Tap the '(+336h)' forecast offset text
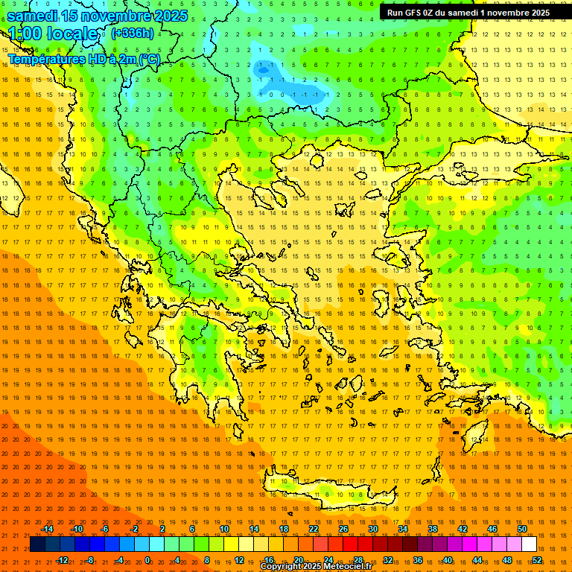[133, 33]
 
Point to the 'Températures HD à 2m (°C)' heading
[84, 59]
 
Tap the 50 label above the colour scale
[522, 529]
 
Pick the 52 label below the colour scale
[537, 559]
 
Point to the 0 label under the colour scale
[147, 559]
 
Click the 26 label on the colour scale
[343, 529]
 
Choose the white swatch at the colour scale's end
[529, 544]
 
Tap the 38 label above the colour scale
[433, 529]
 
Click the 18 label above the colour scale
[284, 529]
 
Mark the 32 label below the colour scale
[388, 559]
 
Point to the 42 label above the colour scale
[463, 529]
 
